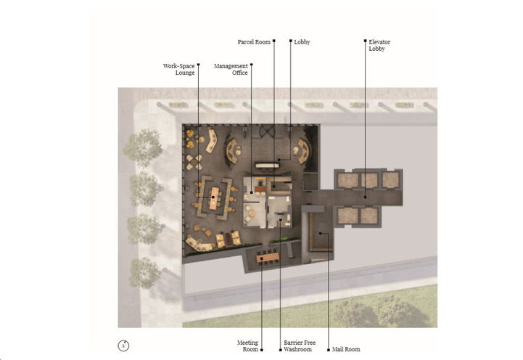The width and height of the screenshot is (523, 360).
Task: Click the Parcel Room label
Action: point(254,42)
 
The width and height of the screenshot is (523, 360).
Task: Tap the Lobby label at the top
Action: point(302,42)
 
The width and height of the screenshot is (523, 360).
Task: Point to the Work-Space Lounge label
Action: point(179,69)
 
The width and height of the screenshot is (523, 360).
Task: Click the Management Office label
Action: point(231,69)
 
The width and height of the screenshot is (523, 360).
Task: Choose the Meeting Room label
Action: point(247,345)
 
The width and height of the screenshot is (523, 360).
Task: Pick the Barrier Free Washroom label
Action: point(297,345)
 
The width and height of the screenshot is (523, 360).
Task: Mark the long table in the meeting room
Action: point(268,256)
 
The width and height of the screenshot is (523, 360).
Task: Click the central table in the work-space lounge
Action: point(214,197)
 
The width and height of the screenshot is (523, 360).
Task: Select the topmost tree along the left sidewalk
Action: point(142,145)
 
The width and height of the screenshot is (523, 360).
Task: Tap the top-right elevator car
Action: point(392,179)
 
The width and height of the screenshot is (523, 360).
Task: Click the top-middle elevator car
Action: point(370,179)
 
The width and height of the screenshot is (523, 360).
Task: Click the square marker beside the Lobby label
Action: point(290,42)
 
